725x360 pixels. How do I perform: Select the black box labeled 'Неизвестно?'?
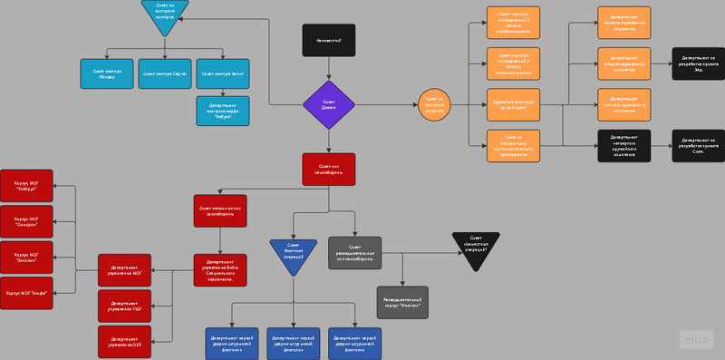coord(328,40)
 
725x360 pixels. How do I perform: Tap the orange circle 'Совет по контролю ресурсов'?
coord(434,105)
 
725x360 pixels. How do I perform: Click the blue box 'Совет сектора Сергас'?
coord(164,73)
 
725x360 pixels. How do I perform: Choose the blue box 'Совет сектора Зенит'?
coord(222,73)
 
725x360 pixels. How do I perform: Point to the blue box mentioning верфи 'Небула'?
coord(222,111)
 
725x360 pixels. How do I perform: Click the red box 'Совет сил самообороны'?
coord(328,168)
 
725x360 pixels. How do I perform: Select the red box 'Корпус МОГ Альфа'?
coord(26,293)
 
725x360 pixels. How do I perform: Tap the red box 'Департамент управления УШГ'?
coord(124,306)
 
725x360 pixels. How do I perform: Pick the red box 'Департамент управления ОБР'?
coord(124,342)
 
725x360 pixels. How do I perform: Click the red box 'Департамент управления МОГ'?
coord(124,270)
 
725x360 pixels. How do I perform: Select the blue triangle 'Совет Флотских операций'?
coord(293,249)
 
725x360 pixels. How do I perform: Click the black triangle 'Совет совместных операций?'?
coord(477,247)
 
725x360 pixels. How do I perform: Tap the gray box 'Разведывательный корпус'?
coord(402,301)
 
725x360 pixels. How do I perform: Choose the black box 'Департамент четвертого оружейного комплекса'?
coord(623,146)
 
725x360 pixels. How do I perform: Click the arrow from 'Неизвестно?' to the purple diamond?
coord(328,68)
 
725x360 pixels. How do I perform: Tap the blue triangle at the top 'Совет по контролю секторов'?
coord(165,14)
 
